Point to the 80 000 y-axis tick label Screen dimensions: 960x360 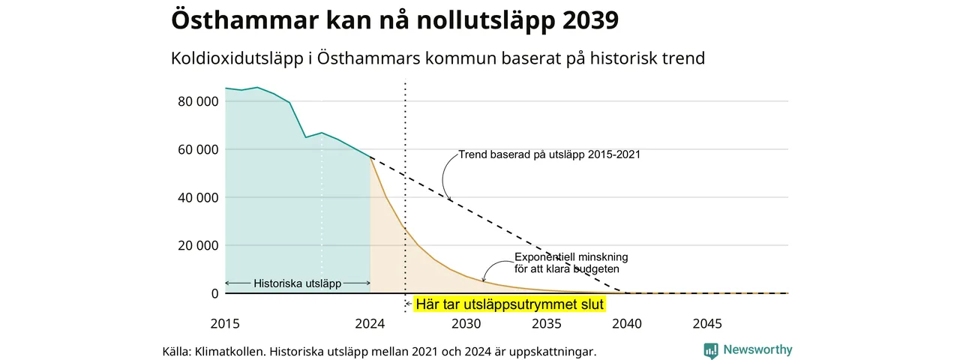[x=198, y=101]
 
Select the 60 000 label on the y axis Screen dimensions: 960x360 [x=198, y=149]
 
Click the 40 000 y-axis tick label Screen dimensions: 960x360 [x=198, y=197]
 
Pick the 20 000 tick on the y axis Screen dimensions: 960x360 [x=198, y=245]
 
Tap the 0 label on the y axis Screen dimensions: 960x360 [x=214, y=293]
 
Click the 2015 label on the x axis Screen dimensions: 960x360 [x=225, y=323]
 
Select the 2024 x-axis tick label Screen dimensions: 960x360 [x=370, y=323]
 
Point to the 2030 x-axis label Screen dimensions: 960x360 [x=466, y=323]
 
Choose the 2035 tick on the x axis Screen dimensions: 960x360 [x=547, y=323]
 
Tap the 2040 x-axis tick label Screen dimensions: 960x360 [x=627, y=323]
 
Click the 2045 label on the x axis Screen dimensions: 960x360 [x=707, y=323]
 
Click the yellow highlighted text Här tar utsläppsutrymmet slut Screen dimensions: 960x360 [x=509, y=304]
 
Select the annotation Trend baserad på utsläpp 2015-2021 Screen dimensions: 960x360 [x=550, y=154]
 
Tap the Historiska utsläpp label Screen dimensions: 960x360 [x=298, y=283]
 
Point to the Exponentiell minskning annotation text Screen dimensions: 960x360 [x=571, y=263]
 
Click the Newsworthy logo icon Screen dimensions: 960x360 [x=711, y=350]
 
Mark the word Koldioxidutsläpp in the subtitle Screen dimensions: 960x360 [x=237, y=58]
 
